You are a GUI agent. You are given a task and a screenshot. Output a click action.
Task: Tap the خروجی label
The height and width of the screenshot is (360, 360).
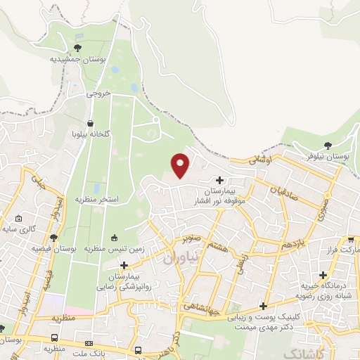click(99, 92)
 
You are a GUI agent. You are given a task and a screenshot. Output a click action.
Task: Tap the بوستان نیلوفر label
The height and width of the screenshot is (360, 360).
click(328, 154)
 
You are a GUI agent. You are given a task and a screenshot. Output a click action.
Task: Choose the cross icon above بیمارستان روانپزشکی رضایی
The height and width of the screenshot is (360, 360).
click(124, 265)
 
